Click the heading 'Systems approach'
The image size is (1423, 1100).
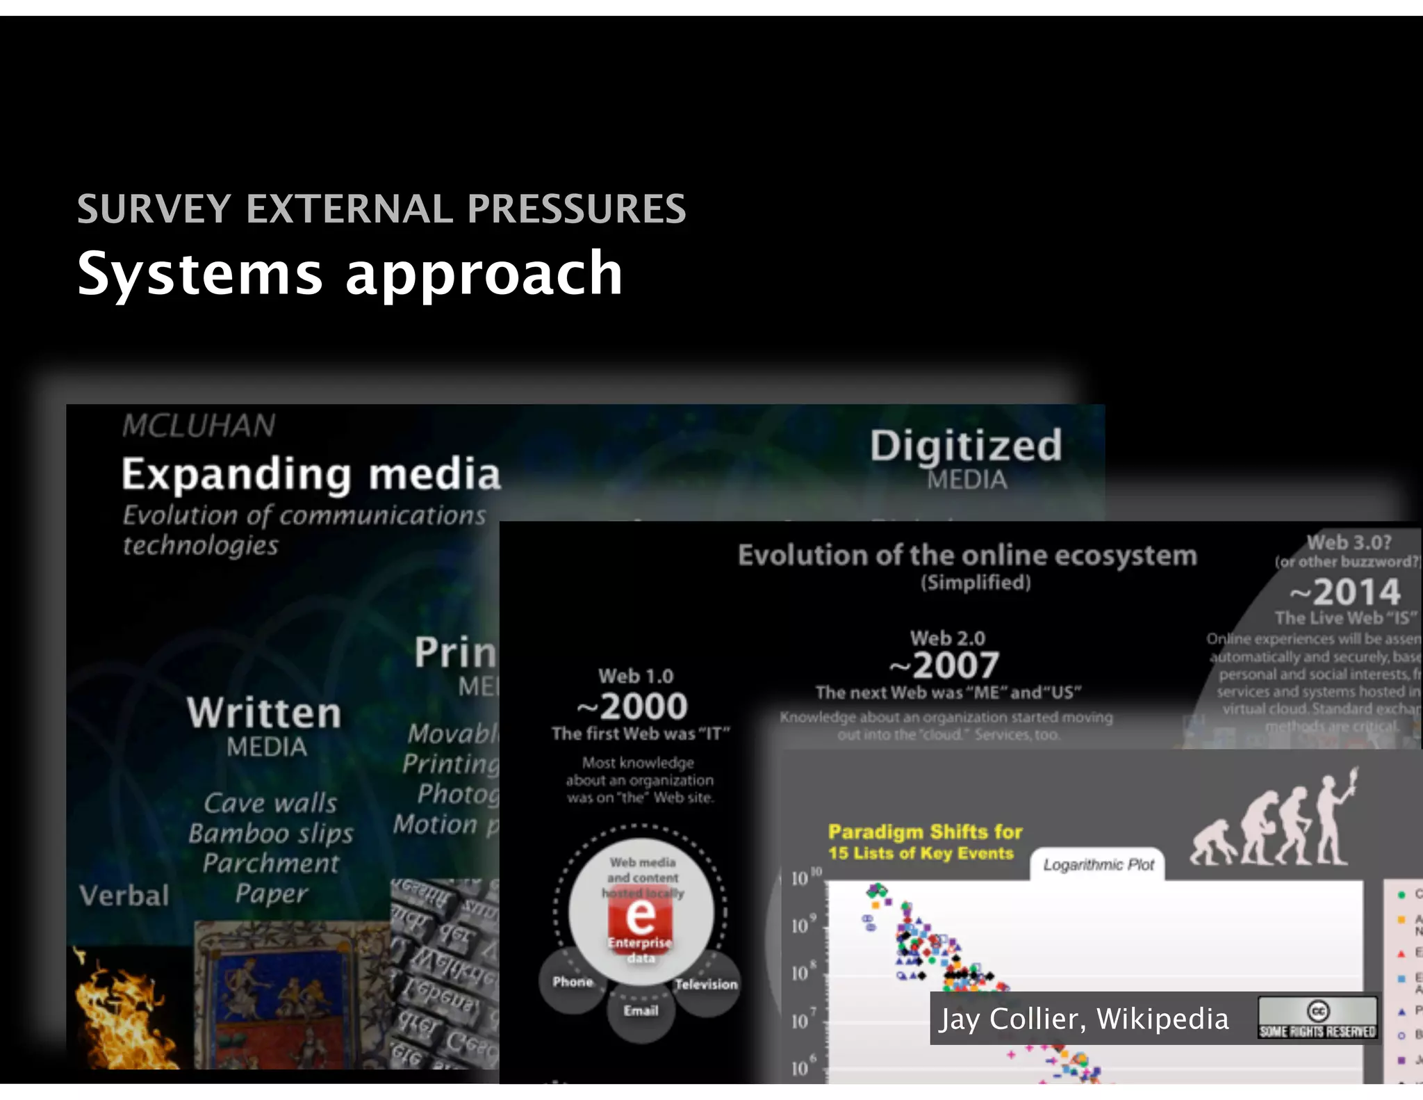(x=349, y=274)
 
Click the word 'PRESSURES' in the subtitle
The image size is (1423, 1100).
(x=576, y=209)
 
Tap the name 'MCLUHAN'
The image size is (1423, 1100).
(x=199, y=426)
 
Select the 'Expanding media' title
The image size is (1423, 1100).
(x=311, y=474)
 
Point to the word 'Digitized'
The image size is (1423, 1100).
(x=966, y=446)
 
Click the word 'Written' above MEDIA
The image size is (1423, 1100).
(x=264, y=713)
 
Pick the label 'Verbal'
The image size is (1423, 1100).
(x=124, y=896)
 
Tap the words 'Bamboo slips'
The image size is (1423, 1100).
(x=271, y=833)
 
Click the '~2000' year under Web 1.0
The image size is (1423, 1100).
(x=632, y=706)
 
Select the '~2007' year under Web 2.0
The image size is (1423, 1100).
(x=945, y=665)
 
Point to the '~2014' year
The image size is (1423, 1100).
(x=1345, y=592)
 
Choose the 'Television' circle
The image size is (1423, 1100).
(x=706, y=984)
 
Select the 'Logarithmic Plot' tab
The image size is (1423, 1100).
(x=1098, y=865)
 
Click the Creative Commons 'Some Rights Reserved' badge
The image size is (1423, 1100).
(x=1317, y=1018)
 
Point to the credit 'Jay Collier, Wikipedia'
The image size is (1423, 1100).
(x=1084, y=1019)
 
